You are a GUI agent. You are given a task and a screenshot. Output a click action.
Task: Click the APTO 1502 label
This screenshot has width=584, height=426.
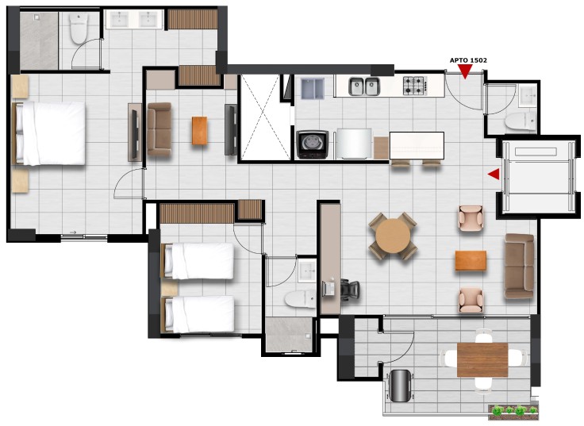pyautogui.click(x=468, y=60)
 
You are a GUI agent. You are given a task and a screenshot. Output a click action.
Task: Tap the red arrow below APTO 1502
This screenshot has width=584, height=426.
pyautogui.click(x=465, y=71)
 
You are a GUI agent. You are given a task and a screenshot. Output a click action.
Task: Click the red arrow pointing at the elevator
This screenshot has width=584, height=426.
pyautogui.click(x=494, y=174)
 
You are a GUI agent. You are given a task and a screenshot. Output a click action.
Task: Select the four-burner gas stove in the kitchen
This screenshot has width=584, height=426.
pyautogui.click(x=415, y=86)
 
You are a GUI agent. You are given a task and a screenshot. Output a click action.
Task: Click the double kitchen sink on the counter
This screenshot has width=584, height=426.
pyautogui.click(x=364, y=86)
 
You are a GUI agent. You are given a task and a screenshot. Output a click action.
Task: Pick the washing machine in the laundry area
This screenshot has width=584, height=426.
pyautogui.click(x=312, y=144)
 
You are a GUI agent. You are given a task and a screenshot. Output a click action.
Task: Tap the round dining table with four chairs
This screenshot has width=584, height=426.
pyautogui.click(x=393, y=236)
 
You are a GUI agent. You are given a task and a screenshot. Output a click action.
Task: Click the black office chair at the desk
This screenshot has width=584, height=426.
pyautogui.click(x=350, y=290)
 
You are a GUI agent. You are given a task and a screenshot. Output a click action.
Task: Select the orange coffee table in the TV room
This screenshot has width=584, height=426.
pyautogui.click(x=200, y=131)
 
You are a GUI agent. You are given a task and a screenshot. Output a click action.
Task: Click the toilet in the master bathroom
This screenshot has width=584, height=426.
pyautogui.click(x=79, y=29)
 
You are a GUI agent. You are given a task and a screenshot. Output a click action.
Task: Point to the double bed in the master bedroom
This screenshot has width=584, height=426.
pyautogui.click(x=49, y=133)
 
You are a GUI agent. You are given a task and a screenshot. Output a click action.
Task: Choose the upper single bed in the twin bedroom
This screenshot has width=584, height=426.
pyautogui.click(x=198, y=261)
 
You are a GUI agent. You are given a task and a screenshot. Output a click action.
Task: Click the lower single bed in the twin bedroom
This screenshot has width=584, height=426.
pyautogui.click(x=198, y=314)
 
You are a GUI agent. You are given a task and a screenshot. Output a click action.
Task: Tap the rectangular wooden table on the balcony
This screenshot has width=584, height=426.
pyautogui.click(x=482, y=360)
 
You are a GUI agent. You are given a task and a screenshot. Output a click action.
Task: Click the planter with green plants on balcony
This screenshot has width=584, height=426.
pyautogui.click(x=513, y=410)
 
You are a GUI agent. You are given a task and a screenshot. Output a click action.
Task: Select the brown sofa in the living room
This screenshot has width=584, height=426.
pyautogui.click(x=519, y=267)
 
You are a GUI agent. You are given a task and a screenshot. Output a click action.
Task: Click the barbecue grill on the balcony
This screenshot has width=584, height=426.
pyautogui.click(x=401, y=386)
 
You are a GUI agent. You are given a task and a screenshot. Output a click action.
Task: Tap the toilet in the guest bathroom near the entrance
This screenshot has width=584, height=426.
pyautogui.click(x=521, y=121)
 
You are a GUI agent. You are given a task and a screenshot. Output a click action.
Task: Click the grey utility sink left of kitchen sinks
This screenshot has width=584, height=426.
pyautogui.click(x=313, y=89)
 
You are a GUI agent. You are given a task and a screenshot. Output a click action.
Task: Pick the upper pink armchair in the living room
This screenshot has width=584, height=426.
pyautogui.click(x=471, y=218)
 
